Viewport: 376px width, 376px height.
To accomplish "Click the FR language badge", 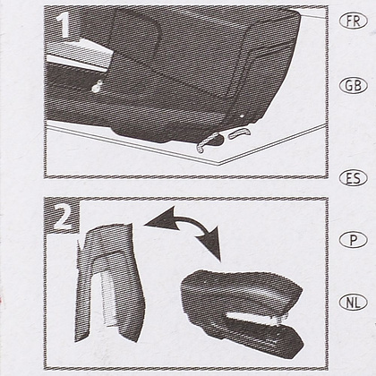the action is (x=354, y=21).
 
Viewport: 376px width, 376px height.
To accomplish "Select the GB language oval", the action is (x=354, y=86).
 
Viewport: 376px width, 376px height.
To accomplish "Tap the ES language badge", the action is (x=354, y=178).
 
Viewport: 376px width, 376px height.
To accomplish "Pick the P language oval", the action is (x=354, y=240).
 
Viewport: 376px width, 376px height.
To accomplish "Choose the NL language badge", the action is (x=354, y=303).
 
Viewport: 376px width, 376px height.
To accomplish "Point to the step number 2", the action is (x=63, y=217).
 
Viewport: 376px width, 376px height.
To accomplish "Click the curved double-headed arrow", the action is (x=191, y=221).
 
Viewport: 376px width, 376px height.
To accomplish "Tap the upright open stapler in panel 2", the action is (x=109, y=282).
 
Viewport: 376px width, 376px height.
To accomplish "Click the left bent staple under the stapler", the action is (x=207, y=143).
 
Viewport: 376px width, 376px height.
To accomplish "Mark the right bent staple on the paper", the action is (x=240, y=133).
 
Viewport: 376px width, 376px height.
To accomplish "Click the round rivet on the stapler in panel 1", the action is (x=97, y=87).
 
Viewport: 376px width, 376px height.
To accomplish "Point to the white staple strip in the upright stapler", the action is (x=108, y=298).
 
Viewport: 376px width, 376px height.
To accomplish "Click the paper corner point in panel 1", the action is (x=219, y=164).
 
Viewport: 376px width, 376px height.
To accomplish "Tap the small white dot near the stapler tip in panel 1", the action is (x=242, y=115).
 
